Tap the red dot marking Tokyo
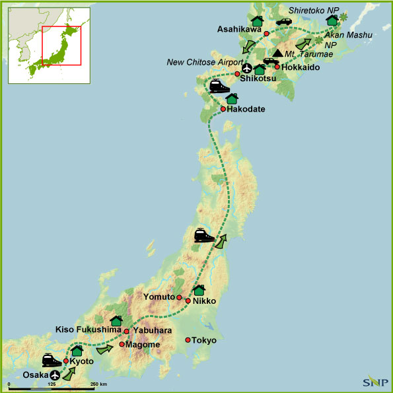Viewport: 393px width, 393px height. click(188, 340)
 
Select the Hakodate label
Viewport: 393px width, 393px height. click(246, 109)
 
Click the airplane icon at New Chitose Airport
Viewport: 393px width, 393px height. click(247, 68)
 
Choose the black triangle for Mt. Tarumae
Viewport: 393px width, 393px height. click(278, 53)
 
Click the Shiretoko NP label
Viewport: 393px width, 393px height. click(314, 11)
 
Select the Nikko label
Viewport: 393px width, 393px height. click(205, 301)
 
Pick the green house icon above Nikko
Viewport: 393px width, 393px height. click(199, 290)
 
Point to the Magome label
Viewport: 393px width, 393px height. click(141, 344)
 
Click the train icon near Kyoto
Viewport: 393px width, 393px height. click(52, 361)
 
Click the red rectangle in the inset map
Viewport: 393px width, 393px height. click(61, 46)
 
